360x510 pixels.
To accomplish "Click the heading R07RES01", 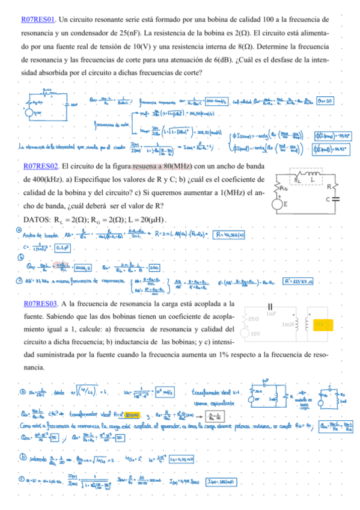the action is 37,20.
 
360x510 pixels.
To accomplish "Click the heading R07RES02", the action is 40,165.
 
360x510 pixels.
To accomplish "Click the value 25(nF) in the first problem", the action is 155,33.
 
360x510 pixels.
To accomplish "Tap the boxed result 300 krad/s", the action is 216,100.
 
